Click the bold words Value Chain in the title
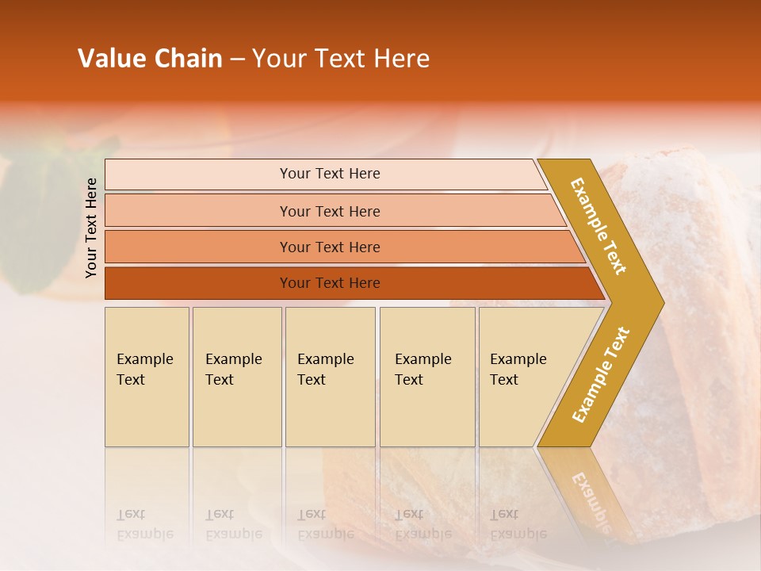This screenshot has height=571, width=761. tap(150, 59)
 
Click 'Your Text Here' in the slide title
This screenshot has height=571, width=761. tap(341, 59)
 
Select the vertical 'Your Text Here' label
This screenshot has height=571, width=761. tap(91, 228)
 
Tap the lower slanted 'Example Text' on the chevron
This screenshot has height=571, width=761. tap(601, 374)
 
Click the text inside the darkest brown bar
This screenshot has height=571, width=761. tap(330, 283)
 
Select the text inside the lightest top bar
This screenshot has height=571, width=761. tap(330, 174)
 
